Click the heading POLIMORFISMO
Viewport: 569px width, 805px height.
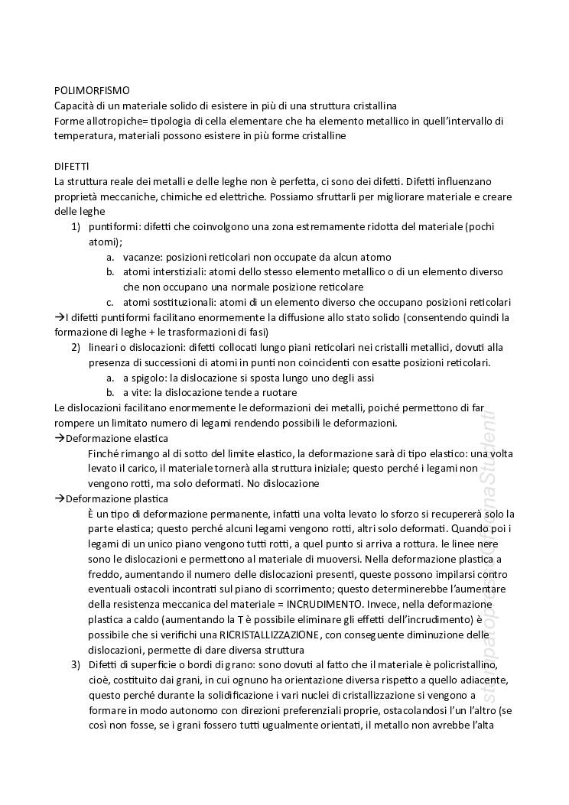92,90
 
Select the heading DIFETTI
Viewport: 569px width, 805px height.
72,166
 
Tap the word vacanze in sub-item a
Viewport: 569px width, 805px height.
143,257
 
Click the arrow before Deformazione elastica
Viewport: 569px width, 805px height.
60,438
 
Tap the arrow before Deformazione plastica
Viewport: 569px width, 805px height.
60,498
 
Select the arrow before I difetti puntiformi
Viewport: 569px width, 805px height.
60,317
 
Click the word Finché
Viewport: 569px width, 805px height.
105,453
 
